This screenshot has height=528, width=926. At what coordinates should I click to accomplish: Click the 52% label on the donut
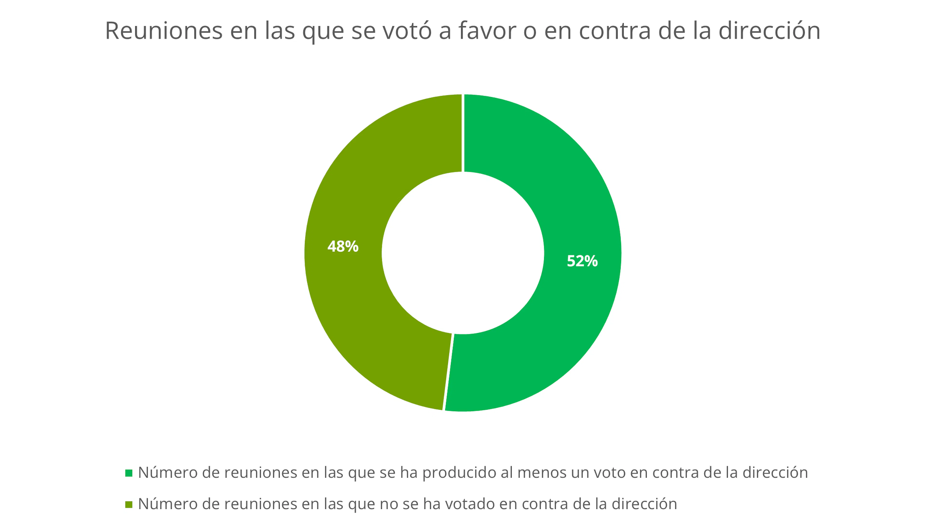click(582, 261)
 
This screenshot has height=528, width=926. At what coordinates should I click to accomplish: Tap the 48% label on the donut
click(343, 247)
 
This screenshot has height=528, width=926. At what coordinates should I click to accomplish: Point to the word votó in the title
click(407, 31)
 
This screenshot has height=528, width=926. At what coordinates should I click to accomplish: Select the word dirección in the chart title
click(769, 31)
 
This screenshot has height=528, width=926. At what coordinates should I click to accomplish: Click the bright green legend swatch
click(129, 473)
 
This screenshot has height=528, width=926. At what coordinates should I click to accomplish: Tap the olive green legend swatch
click(129, 504)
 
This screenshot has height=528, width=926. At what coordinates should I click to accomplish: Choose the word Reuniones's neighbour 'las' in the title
click(279, 31)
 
